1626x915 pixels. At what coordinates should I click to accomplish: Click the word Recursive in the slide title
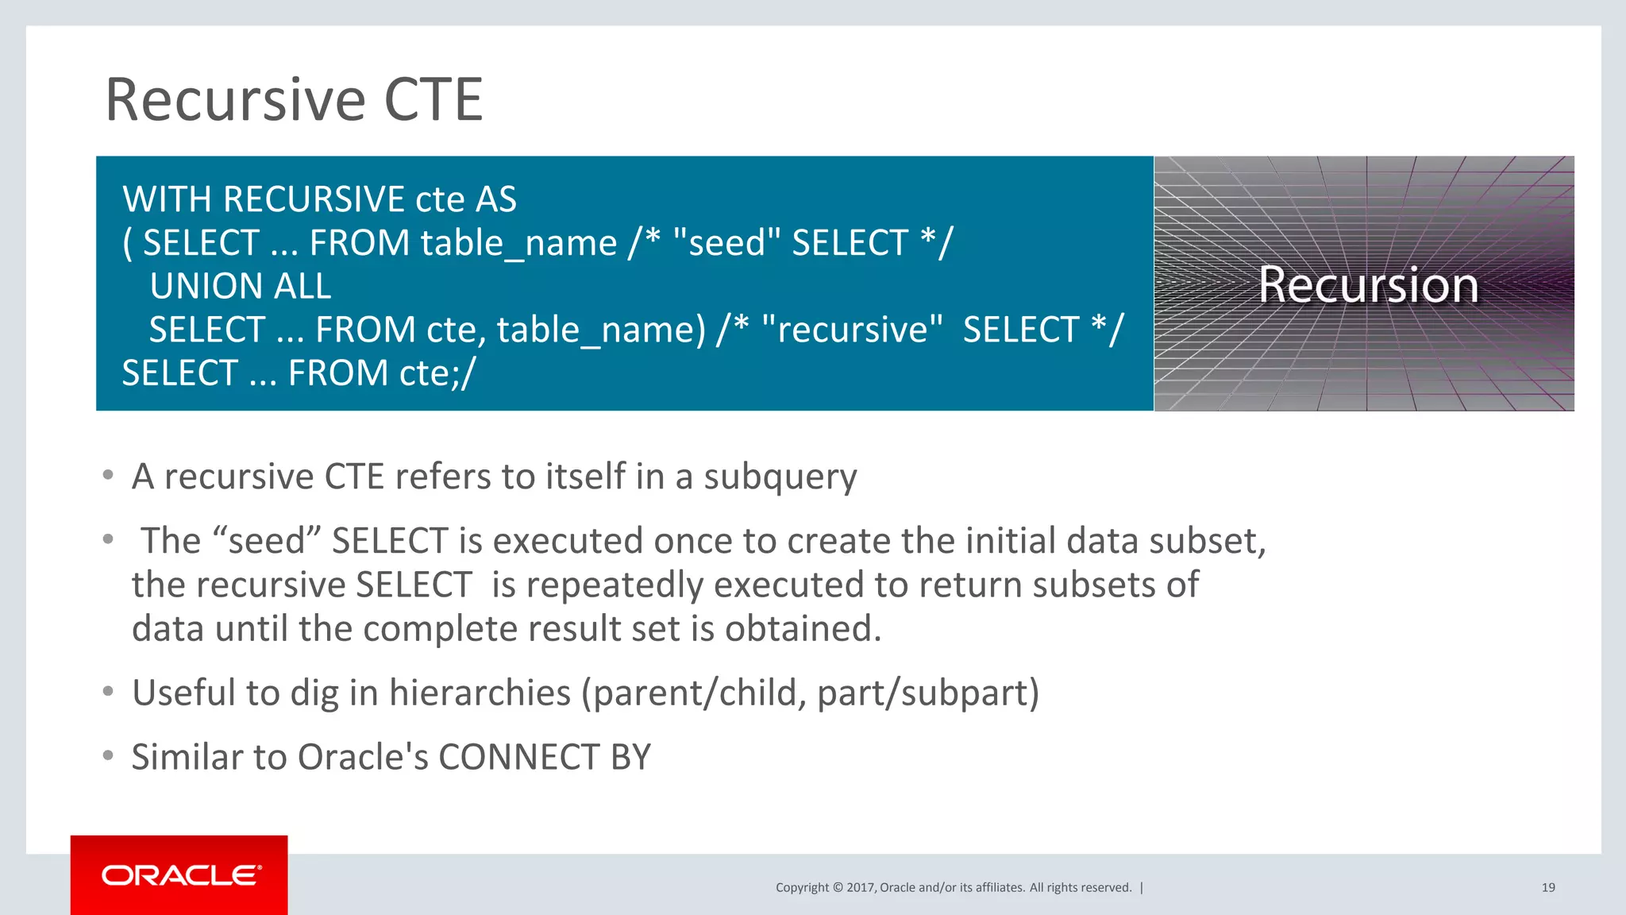pos(236,100)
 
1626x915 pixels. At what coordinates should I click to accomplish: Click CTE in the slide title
pos(433,100)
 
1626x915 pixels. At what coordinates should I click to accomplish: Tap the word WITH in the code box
pos(167,199)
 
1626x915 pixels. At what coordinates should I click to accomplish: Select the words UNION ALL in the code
pos(240,287)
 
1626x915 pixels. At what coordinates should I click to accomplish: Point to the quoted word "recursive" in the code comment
pos(851,330)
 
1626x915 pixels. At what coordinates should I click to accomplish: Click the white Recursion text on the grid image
pos(1368,284)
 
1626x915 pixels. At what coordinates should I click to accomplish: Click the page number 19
pos(1547,888)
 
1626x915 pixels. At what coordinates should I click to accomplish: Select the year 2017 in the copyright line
pos(860,888)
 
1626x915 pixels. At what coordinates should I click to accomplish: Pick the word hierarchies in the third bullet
pos(480,693)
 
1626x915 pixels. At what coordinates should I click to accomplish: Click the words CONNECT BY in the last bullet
pos(544,758)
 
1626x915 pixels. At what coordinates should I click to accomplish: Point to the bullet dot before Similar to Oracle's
pos(108,755)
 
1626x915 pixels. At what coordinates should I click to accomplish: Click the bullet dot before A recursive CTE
pos(108,475)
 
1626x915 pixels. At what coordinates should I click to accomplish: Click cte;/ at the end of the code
pos(437,373)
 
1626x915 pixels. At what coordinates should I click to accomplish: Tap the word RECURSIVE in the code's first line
pos(314,199)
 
